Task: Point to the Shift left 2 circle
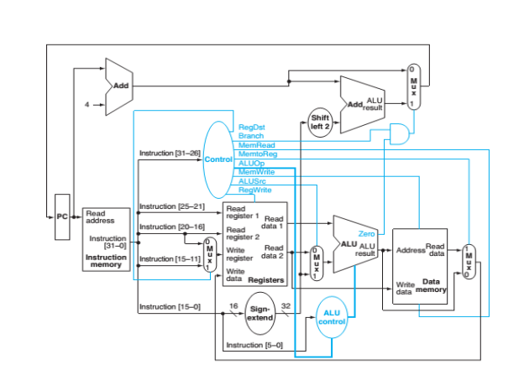321,122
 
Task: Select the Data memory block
423,266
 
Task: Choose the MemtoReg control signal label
255,154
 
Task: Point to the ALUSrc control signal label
253,180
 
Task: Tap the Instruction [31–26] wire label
167,154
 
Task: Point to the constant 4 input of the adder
86,105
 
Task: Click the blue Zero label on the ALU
366,233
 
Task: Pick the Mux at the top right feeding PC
412,86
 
